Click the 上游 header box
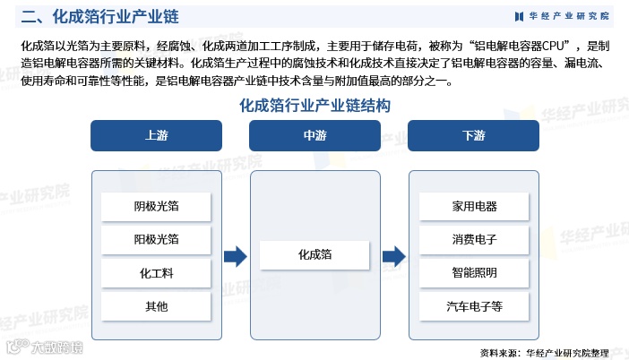tap(156, 136)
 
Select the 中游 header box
tap(314, 136)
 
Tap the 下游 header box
tap(473, 136)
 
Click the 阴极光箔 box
tap(156, 207)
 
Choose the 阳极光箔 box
tap(156, 239)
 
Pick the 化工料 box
tap(156, 272)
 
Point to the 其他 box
tap(156, 306)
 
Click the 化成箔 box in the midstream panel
tap(314, 255)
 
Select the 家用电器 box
tap(474, 207)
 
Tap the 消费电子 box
tap(474, 239)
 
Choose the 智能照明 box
tap(474, 272)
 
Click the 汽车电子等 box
tap(474, 306)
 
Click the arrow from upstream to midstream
tap(235, 257)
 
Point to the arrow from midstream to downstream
tap(393, 257)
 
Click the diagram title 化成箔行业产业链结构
tap(314, 105)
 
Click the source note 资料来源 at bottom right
tap(544, 351)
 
